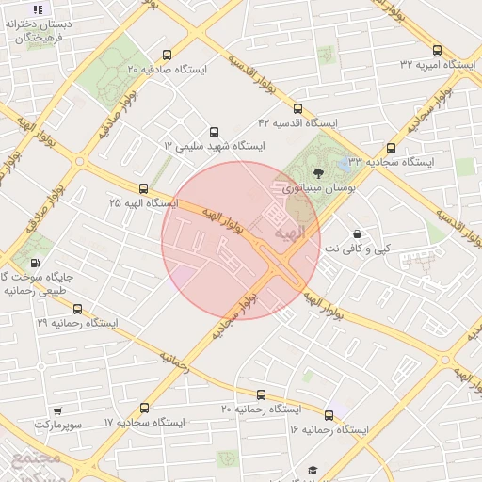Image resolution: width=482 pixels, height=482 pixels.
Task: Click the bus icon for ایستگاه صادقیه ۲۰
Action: (168, 55)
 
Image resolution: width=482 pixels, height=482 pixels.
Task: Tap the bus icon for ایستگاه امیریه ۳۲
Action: (437, 50)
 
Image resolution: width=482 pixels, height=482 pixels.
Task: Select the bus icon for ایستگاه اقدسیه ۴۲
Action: (298, 108)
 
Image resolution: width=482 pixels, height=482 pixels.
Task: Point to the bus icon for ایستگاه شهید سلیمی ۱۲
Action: (214, 132)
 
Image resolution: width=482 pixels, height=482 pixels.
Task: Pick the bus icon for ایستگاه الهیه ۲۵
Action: (143, 188)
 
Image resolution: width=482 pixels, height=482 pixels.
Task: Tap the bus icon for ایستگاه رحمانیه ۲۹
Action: (77, 309)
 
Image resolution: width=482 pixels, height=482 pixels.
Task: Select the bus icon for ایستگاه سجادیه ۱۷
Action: (144, 409)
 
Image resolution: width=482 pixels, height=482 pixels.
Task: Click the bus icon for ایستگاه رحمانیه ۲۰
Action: (261, 395)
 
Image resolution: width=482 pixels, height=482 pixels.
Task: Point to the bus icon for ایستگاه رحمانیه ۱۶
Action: (329, 415)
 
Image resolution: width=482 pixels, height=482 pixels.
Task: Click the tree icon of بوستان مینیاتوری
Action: (317, 172)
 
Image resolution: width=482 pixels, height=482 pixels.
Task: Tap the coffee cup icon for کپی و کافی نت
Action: (358, 233)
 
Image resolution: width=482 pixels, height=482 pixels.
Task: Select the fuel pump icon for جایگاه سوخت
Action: (35, 263)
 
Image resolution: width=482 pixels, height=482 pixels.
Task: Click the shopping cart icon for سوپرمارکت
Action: (57, 411)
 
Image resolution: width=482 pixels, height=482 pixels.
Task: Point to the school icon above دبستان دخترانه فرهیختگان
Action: (38, 8)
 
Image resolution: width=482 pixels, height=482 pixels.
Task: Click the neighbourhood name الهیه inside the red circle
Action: (285, 232)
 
